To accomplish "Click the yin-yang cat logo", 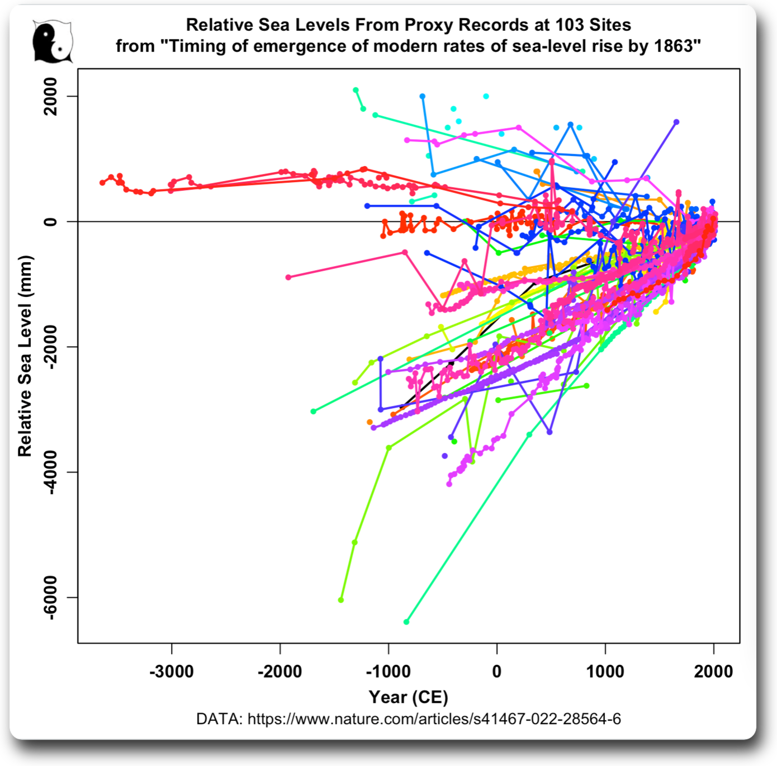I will click(53, 42).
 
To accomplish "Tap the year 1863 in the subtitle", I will click(675, 46).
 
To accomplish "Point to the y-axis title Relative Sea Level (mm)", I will click(25, 356).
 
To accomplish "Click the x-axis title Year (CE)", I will click(408, 697).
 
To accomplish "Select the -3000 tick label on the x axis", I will click(172, 671).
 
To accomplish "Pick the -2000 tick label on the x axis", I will click(279, 671).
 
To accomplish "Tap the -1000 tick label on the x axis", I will click(388, 671).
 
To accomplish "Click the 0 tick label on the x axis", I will click(497, 671).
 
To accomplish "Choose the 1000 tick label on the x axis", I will click(605, 671).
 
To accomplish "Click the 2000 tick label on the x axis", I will click(713, 671).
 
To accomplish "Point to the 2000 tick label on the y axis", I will click(51, 96).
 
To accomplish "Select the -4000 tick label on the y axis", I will click(51, 472).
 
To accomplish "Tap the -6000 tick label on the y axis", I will click(51, 597).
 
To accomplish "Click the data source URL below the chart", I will click(434, 718).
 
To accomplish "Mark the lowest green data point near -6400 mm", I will click(406, 622).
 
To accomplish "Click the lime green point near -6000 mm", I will click(341, 600).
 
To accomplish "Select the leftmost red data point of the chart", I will click(102, 183).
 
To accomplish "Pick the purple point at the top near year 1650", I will click(676, 121).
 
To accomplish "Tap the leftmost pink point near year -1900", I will click(288, 277).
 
